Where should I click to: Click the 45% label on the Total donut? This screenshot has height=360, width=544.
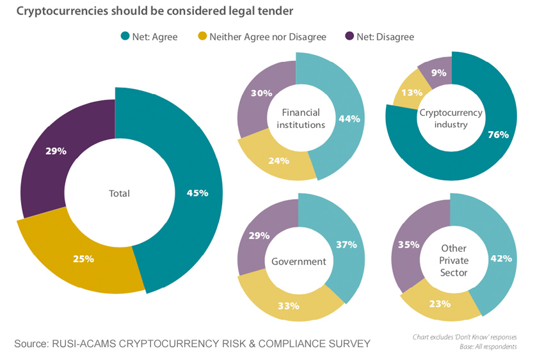click(198, 192)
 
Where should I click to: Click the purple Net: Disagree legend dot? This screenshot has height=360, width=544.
click(349, 36)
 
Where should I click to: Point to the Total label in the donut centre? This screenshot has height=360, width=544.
click(119, 193)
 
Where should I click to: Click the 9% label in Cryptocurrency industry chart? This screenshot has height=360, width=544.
click(438, 73)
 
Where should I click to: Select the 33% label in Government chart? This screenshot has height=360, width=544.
click(289, 305)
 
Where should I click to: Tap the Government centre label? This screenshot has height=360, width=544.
click(299, 261)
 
